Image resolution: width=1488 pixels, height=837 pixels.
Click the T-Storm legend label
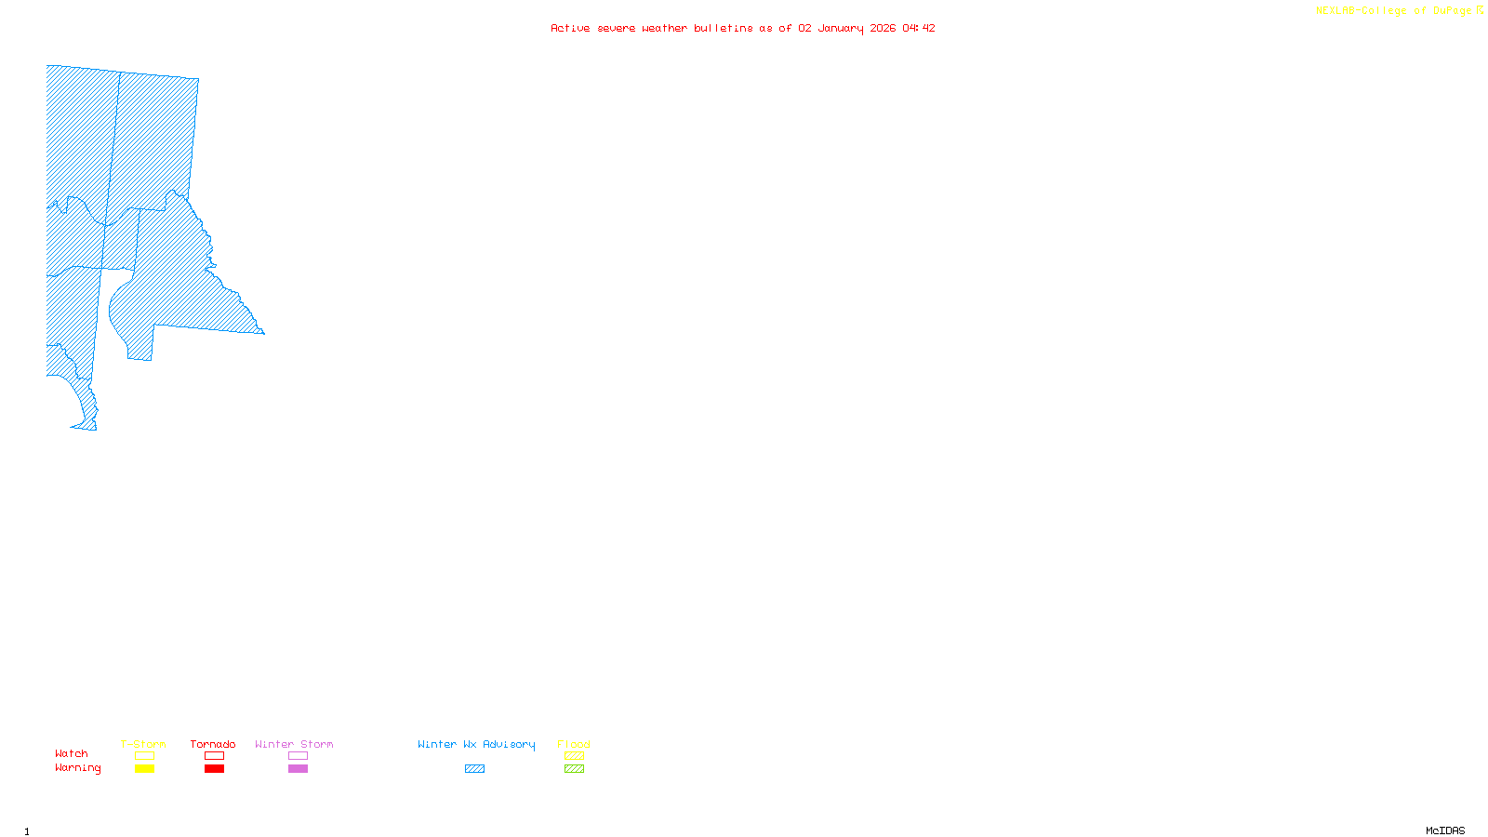click(x=143, y=744)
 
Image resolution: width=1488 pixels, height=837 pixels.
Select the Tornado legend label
click(x=213, y=744)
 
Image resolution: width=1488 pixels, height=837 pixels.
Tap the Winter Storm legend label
click(x=294, y=744)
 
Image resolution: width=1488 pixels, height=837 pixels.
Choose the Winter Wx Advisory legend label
click(x=476, y=744)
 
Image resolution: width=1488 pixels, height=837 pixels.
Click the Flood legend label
click(x=574, y=744)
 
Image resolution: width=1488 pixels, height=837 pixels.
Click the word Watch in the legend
click(x=72, y=753)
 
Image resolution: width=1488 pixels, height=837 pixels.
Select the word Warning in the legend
click(x=78, y=768)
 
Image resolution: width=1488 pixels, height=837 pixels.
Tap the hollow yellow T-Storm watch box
click(x=144, y=756)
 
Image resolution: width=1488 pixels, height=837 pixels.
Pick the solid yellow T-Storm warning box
click(x=144, y=769)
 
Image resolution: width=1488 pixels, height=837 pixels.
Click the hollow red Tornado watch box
click(x=214, y=756)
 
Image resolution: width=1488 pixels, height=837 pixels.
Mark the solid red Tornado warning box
click(x=214, y=769)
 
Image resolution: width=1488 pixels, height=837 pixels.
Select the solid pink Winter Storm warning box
click(x=298, y=769)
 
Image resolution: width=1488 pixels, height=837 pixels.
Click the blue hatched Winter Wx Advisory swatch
click(x=474, y=769)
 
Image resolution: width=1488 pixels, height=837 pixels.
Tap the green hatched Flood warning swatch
click(x=574, y=769)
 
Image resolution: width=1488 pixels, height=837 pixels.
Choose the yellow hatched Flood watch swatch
click(x=574, y=756)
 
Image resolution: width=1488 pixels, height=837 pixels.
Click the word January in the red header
click(x=841, y=28)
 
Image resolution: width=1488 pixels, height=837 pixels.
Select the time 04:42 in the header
click(x=919, y=28)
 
